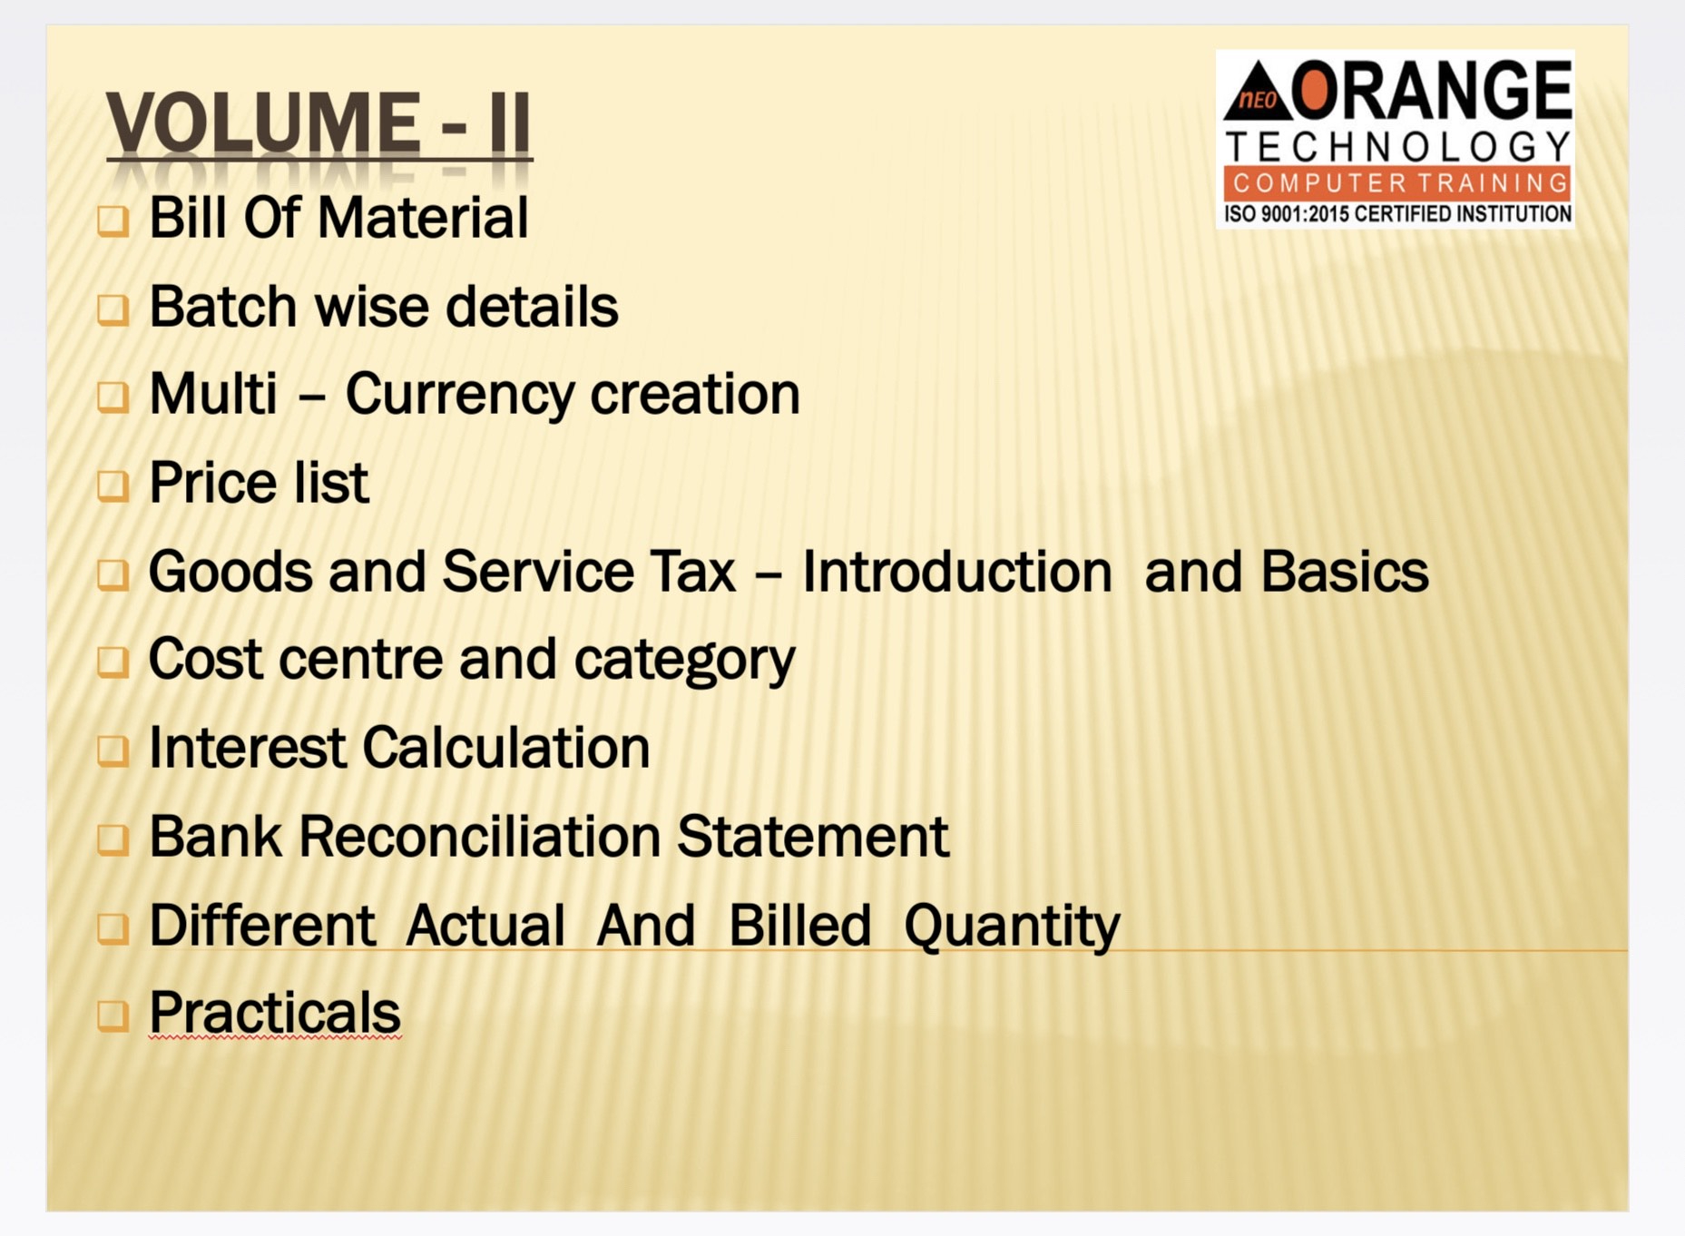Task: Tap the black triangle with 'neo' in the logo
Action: (x=1257, y=92)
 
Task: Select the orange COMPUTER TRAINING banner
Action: (x=1397, y=182)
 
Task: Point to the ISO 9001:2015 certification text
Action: (x=1397, y=214)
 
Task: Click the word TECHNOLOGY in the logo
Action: (x=1397, y=145)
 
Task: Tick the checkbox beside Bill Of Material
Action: (x=113, y=221)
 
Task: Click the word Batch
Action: (x=223, y=306)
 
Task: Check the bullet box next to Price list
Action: (x=113, y=486)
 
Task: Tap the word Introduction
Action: (x=957, y=572)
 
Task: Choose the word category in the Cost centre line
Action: (x=684, y=661)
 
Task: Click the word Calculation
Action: (x=506, y=748)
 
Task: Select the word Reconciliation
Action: (x=479, y=836)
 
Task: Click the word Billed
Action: (x=799, y=925)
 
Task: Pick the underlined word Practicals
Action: (x=275, y=1013)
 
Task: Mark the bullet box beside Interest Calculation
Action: (x=113, y=751)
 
